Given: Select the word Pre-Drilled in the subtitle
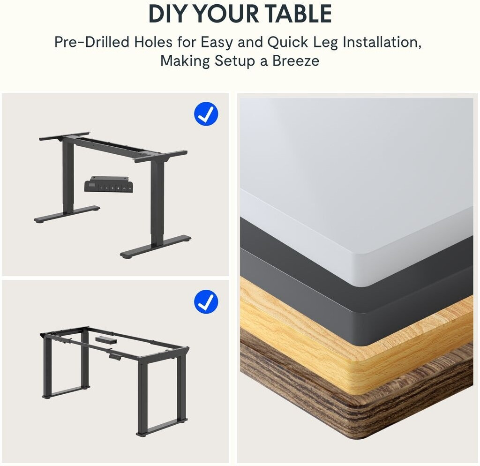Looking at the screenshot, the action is coord(92,42).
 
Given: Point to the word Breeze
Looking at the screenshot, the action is coord(296,60).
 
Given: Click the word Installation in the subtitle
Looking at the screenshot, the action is coord(382,42).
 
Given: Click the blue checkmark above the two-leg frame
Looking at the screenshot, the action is coord(206,114).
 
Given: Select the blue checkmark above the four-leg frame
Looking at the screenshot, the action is coord(206,302).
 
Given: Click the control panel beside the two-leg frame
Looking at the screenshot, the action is coord(109,184).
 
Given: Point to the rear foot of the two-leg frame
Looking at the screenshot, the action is coord(67,214).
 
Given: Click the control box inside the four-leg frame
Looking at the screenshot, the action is coord(106,339).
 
